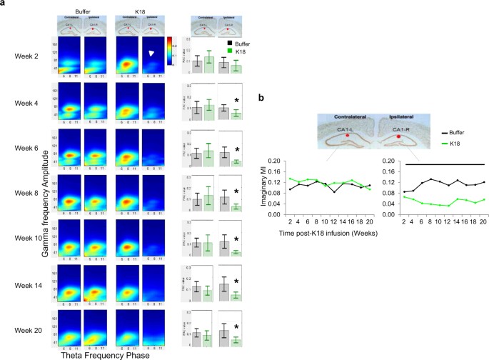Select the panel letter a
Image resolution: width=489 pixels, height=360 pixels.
point(4,5)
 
